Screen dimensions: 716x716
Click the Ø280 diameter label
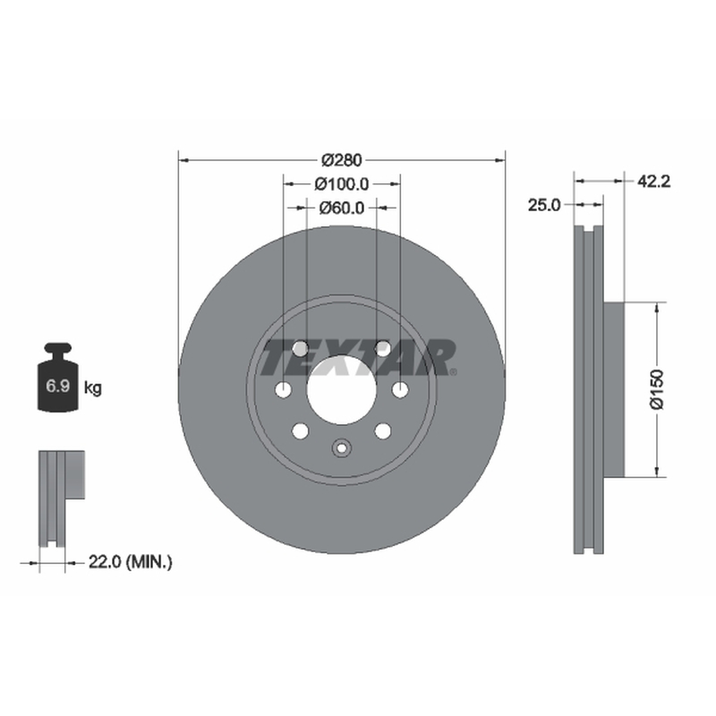coord(342,160)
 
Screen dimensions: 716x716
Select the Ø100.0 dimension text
coord(342,184)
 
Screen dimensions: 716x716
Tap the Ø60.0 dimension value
coord(342,208)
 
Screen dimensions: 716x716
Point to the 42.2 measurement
coord(653,182)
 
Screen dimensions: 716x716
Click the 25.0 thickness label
coord(544,205)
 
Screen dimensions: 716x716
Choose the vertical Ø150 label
coord(656,389)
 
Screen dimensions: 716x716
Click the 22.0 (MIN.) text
coord(130,562)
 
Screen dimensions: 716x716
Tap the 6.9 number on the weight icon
coord(57,387)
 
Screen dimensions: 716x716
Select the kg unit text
coord(93,388)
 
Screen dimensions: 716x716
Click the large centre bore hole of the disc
coord(342,389)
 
